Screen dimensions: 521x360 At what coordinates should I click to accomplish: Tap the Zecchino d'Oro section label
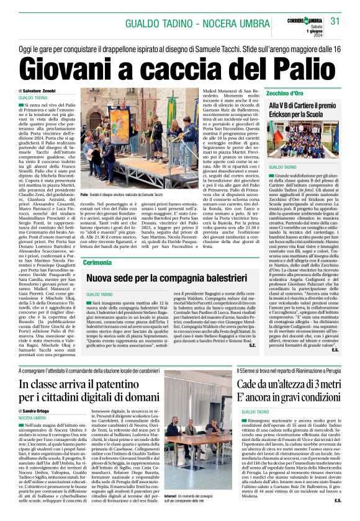coord(286,92)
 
